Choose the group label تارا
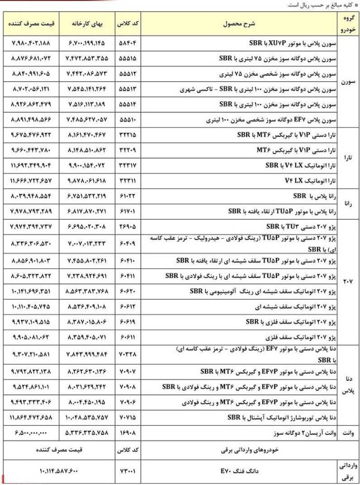(x=349, y=158)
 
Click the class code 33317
(x=127, y=166)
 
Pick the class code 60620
(x=127, y=291)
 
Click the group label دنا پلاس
(x=348, y=387)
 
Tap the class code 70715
(x=127, y=417)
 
